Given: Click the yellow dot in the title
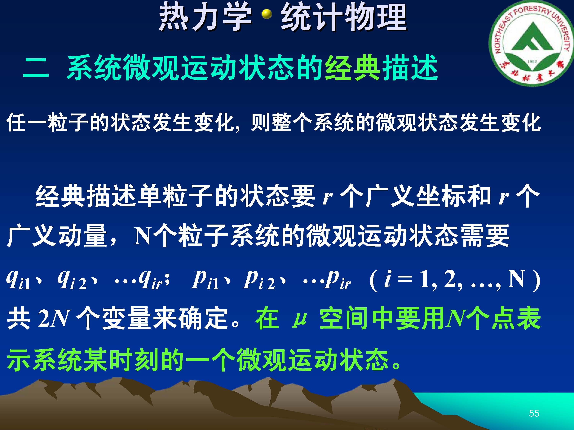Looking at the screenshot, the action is tap(267, 15).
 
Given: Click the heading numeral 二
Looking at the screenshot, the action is tap(36, 68).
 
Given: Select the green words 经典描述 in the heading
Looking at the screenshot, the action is tap(382, 68).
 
